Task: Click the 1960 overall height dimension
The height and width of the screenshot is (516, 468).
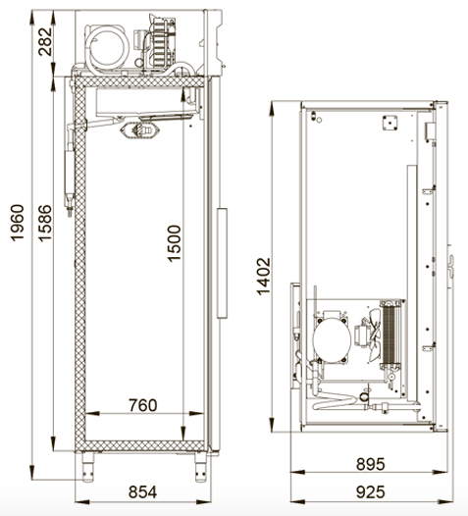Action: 18,223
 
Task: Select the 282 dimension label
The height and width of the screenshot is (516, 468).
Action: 45,42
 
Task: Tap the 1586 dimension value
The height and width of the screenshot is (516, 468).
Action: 45,223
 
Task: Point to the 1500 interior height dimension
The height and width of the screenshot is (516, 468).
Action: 174,243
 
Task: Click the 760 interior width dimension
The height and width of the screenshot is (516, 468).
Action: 143,405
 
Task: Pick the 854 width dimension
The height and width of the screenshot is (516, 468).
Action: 143,492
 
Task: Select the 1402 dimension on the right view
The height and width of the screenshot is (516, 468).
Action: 263,277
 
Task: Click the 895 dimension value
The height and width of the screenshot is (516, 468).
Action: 370,464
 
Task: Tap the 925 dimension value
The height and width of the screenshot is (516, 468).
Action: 370,492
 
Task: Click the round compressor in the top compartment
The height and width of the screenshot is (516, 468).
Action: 108,48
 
